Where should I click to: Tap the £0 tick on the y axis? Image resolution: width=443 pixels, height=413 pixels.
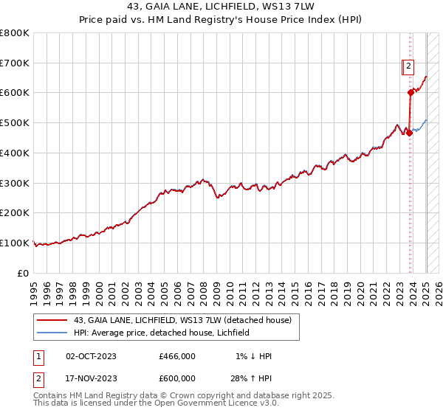[x=23, y=273]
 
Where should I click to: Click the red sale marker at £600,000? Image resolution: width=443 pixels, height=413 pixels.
[x=411, y=92]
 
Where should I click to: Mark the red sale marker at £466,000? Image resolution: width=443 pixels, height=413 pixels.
[x=410, y=133]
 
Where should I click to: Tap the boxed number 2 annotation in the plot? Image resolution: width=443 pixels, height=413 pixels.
[x=408, y=66]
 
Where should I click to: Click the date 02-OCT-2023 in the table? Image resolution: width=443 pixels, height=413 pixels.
[x=91, y=356]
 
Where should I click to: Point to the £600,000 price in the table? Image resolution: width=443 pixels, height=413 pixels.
[x=177, y=378]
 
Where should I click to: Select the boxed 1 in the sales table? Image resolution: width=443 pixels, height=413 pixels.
[x=39, y=356]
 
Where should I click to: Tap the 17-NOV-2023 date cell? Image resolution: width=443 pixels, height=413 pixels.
[x=91, y=378]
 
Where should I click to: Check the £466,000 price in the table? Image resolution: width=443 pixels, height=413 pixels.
[x=177, y=356]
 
